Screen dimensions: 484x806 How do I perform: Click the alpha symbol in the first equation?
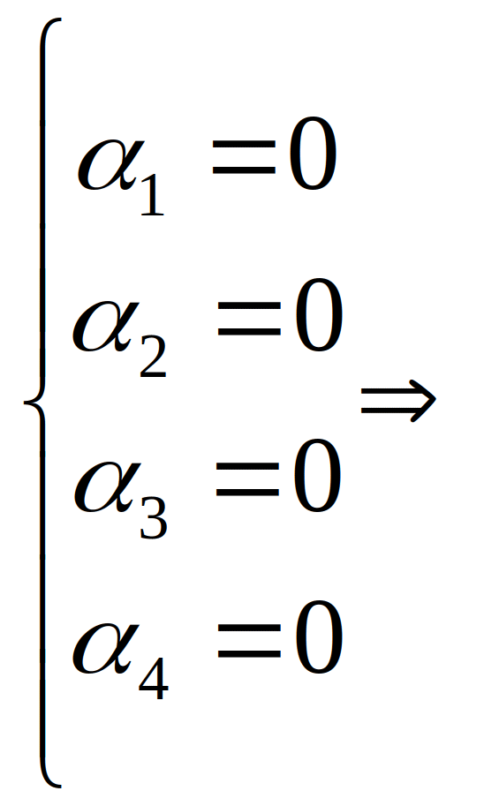pos(108,165)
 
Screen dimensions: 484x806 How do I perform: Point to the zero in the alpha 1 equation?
pos(312,154)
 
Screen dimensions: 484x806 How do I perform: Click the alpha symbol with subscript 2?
pos(106,327)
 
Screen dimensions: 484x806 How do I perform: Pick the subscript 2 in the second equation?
pos(153,358)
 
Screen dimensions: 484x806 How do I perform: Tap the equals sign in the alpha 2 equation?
pos(249,319)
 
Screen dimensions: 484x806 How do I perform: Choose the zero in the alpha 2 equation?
pos(318,316)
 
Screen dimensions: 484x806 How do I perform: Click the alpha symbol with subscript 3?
pos(107,486)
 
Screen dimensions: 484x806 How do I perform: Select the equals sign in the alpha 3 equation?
pos(248,479)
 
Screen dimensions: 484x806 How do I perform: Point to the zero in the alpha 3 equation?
pos(317,476)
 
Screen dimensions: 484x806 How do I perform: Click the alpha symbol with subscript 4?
pos(106,648)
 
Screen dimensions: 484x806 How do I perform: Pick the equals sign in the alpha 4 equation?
pos(249,641)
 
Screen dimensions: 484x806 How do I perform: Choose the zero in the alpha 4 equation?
pos(318,637)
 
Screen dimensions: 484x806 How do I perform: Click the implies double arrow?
pos(398,401)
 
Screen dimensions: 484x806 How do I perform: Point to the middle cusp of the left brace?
pos(26,403)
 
